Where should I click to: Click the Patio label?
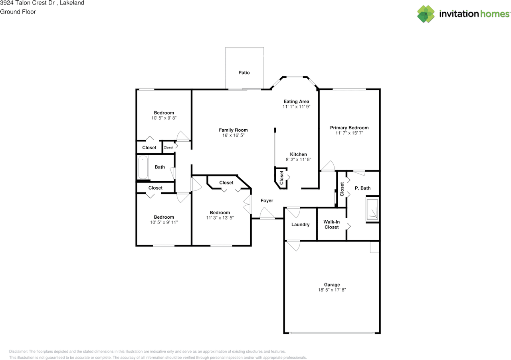244,73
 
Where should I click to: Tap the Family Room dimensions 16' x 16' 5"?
233,136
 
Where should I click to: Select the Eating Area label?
296,101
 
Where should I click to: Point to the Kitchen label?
298,154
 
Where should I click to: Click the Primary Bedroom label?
349,128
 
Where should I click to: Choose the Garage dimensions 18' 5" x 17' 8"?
332,290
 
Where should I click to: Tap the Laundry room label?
300,225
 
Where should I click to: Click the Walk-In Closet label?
331,224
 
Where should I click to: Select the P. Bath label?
362,188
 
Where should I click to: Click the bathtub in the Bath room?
143,168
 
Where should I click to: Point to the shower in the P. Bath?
372,210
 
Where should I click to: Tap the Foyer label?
267,201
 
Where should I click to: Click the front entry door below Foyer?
267,216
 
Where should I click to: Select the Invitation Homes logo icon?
426,14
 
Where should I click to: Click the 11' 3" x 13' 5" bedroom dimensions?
220,218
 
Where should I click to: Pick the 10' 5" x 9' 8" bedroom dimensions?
164,118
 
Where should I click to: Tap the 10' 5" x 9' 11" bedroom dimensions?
164,222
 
